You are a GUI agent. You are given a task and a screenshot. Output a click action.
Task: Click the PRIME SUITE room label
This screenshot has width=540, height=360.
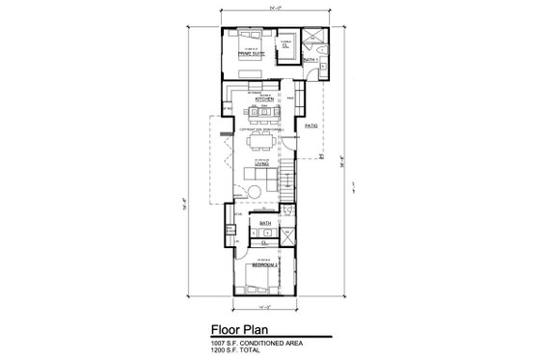tap(251, 54)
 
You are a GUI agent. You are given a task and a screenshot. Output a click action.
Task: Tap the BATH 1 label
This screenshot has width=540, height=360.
tap(310, 61)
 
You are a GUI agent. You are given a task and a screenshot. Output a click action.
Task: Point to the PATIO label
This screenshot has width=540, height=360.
tap(311, 126)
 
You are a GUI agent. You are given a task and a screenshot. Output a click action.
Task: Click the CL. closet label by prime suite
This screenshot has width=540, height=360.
tap(287, 45)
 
